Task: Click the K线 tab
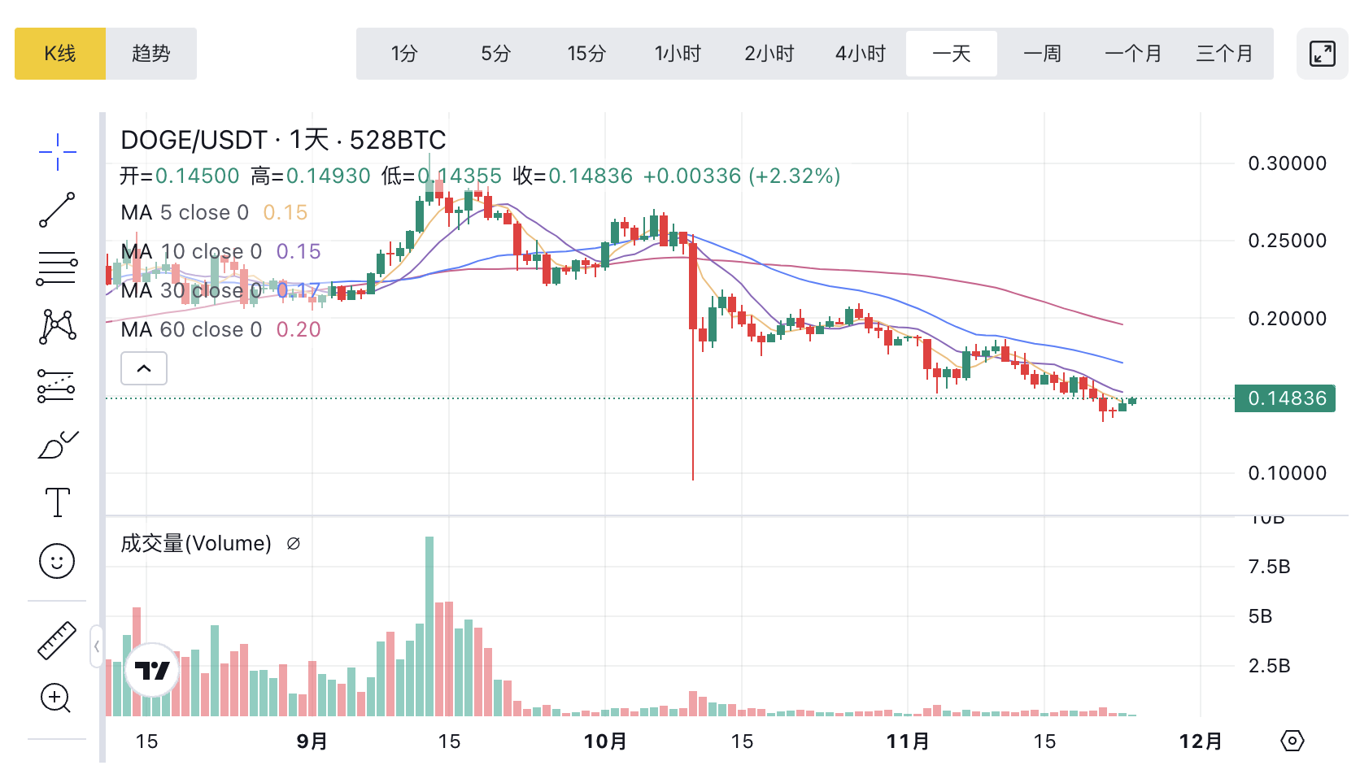(60, 54)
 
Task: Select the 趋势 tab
(151, 54)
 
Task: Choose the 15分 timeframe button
(586, 54)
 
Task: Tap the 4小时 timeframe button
(860, 54)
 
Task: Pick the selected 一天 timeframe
(951, 54)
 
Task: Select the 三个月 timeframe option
(1224, 54)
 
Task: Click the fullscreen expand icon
(1322, 54)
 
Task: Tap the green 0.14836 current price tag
(1285, 398)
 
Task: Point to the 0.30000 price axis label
(1287, 163)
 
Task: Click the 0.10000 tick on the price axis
(1287, 473)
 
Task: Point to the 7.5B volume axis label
(1269, 567)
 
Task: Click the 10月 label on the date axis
(605, 741)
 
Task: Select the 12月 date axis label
(1201, 741)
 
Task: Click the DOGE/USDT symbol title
(194, 140)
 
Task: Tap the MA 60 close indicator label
(191, 329)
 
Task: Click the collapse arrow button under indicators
(144, 368)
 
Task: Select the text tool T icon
(57, 502)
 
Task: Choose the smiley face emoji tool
(57, 561)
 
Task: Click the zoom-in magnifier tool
(55, 698)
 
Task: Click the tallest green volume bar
(429, 626)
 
